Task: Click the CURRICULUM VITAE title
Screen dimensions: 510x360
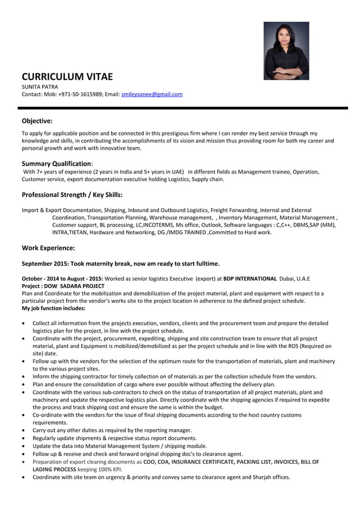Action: point(67,77)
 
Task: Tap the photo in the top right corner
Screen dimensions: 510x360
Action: point(286,50)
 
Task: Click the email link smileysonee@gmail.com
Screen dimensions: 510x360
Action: point(152,94)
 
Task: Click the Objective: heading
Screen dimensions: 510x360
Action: point(37,120)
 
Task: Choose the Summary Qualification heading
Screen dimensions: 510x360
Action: point(56,163)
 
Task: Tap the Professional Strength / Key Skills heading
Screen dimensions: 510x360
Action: point(72,194)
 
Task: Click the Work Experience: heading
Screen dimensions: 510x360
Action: point(48,247)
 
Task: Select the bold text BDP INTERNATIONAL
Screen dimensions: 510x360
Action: point(250,278)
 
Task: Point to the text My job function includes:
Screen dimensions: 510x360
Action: point(54,308)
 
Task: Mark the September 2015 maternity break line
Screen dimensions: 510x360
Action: point(120,263)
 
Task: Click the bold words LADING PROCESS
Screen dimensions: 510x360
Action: point(54,469)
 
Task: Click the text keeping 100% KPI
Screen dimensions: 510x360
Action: point(100,469)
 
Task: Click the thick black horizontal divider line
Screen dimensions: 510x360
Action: point(180,107)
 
